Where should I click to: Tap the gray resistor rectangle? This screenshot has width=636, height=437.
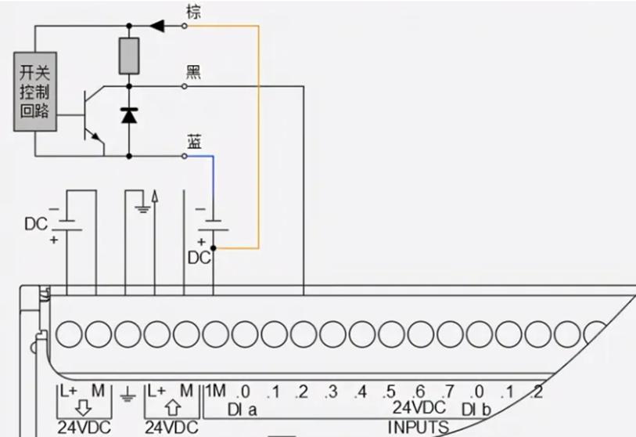click(x=129, y=56)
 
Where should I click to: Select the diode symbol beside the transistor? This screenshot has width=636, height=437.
click(x=129, y=115)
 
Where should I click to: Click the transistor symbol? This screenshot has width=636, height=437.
click(x=92, y=117)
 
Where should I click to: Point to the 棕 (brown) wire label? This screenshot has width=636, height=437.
click(x=194, y=11)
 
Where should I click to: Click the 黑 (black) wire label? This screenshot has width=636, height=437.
click(x=193, y=71)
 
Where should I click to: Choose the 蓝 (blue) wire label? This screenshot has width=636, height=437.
click(x=194, y=142)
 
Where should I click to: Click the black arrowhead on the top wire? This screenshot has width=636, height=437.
click(x=158, y=26)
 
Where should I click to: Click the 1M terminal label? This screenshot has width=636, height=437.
click(x=216, y=392)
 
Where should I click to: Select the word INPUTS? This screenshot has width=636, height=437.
click(x=419, y=428)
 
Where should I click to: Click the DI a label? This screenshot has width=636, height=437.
click(x=242, y=410)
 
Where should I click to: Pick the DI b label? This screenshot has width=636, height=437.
click(x=476, y=410)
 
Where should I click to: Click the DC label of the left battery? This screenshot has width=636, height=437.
click(x=35, y=224)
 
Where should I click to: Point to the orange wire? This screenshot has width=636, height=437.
click(x=257, y=133)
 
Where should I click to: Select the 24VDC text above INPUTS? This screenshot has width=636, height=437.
click(x=419, y=408)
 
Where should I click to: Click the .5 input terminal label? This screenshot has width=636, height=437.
click(x=390, y=392)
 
